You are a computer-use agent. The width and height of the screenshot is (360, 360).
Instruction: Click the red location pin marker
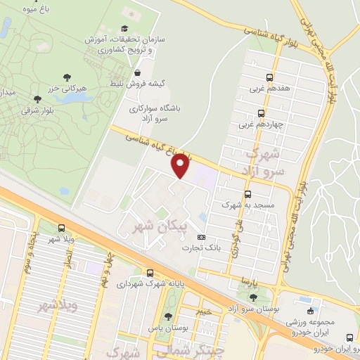(181, 166)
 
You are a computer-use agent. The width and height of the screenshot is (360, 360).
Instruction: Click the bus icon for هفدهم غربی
(270, 79)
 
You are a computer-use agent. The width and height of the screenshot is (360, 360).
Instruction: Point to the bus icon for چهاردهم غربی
(261, 113)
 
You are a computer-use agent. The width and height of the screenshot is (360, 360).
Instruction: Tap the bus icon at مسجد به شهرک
(247, 194)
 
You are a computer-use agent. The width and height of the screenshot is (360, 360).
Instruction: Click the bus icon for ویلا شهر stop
(61, 228)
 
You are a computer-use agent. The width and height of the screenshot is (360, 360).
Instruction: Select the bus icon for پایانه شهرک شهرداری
(150, 273)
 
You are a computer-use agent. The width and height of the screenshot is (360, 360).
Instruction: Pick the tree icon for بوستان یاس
(167, 317)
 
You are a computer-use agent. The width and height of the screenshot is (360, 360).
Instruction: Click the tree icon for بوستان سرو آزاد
(253, 297)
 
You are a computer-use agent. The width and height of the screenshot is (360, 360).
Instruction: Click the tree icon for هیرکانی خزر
(67, 77)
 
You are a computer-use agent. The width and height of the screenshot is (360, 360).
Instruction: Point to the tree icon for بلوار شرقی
(37, 99)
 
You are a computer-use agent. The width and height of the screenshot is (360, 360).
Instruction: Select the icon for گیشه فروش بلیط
(137, 72)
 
